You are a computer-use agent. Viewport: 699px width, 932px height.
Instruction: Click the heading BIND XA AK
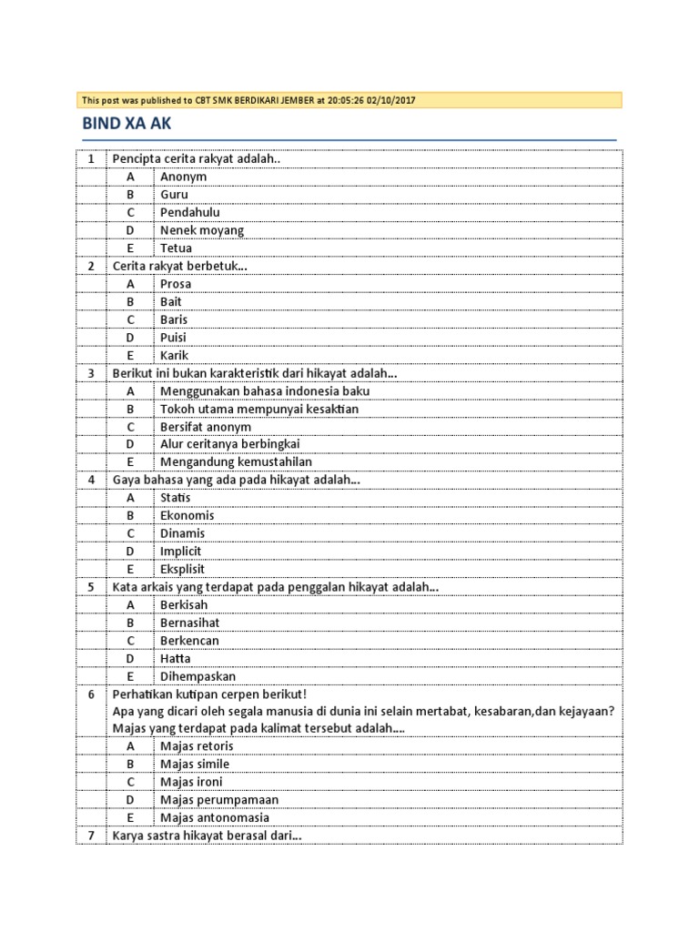click(x=127, y=124)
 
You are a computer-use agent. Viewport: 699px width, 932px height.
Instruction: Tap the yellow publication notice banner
click(x=349, y=100)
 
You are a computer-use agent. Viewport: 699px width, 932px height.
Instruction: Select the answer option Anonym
click(x=183, y=177)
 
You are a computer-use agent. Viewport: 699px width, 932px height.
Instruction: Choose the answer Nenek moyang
click(x=202, y=230)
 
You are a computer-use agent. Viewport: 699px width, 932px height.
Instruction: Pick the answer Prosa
click(x=176, y=284)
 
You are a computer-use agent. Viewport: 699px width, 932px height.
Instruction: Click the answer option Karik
click(x=174, y=355)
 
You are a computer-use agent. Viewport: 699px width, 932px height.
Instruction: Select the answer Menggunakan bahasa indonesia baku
click(x=265, y=391)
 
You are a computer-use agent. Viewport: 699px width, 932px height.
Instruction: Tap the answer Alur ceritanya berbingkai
click(x=229, y=444)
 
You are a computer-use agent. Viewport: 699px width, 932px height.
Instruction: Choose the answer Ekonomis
click(x=187, y=515)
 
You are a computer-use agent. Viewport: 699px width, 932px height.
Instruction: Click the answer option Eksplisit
click(x=183, y=569)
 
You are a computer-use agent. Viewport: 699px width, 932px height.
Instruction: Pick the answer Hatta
click(x=175, y=658)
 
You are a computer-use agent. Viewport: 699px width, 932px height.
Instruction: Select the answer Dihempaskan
click(x=198, y=676)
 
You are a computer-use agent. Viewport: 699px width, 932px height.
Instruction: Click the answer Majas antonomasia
click(x=215, y=817)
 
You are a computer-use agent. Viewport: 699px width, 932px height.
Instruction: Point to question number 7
click(x=91, y=836)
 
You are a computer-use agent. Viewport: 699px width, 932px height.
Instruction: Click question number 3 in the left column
click(x=91, y=373)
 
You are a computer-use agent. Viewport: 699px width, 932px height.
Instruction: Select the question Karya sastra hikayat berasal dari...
click(x=208, y=836)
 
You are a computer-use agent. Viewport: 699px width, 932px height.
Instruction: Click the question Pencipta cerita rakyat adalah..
click(x=197, y=159)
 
